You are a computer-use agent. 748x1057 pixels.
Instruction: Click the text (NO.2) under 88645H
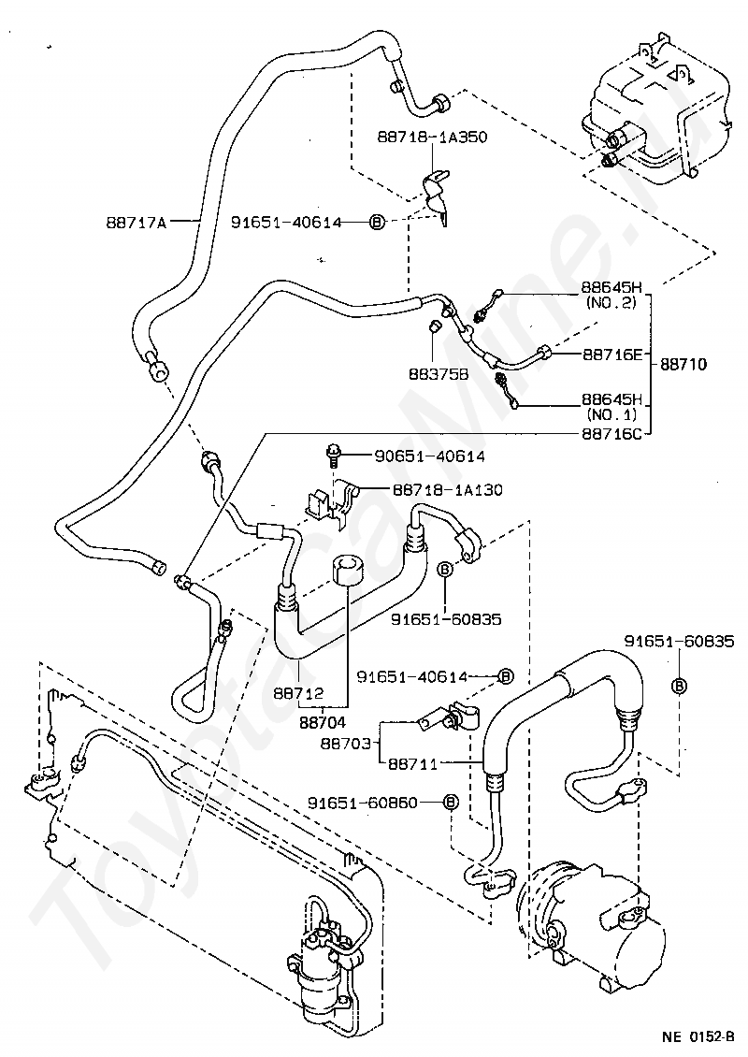tap(611, 303)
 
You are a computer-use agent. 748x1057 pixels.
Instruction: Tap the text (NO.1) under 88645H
tap(611, 414)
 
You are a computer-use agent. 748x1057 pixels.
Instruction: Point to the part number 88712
tap(298, 692)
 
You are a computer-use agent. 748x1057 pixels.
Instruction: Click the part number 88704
tap(323, 722)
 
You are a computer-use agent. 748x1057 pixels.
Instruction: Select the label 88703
tap(346, 743)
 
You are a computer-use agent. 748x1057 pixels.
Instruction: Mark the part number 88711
tap(413, 764)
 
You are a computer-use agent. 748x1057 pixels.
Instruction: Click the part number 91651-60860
tap(373, 803)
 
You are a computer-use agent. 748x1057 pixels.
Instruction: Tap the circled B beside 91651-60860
tap(450, 803)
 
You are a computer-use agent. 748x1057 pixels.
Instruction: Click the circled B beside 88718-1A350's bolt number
tap(377, 222)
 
